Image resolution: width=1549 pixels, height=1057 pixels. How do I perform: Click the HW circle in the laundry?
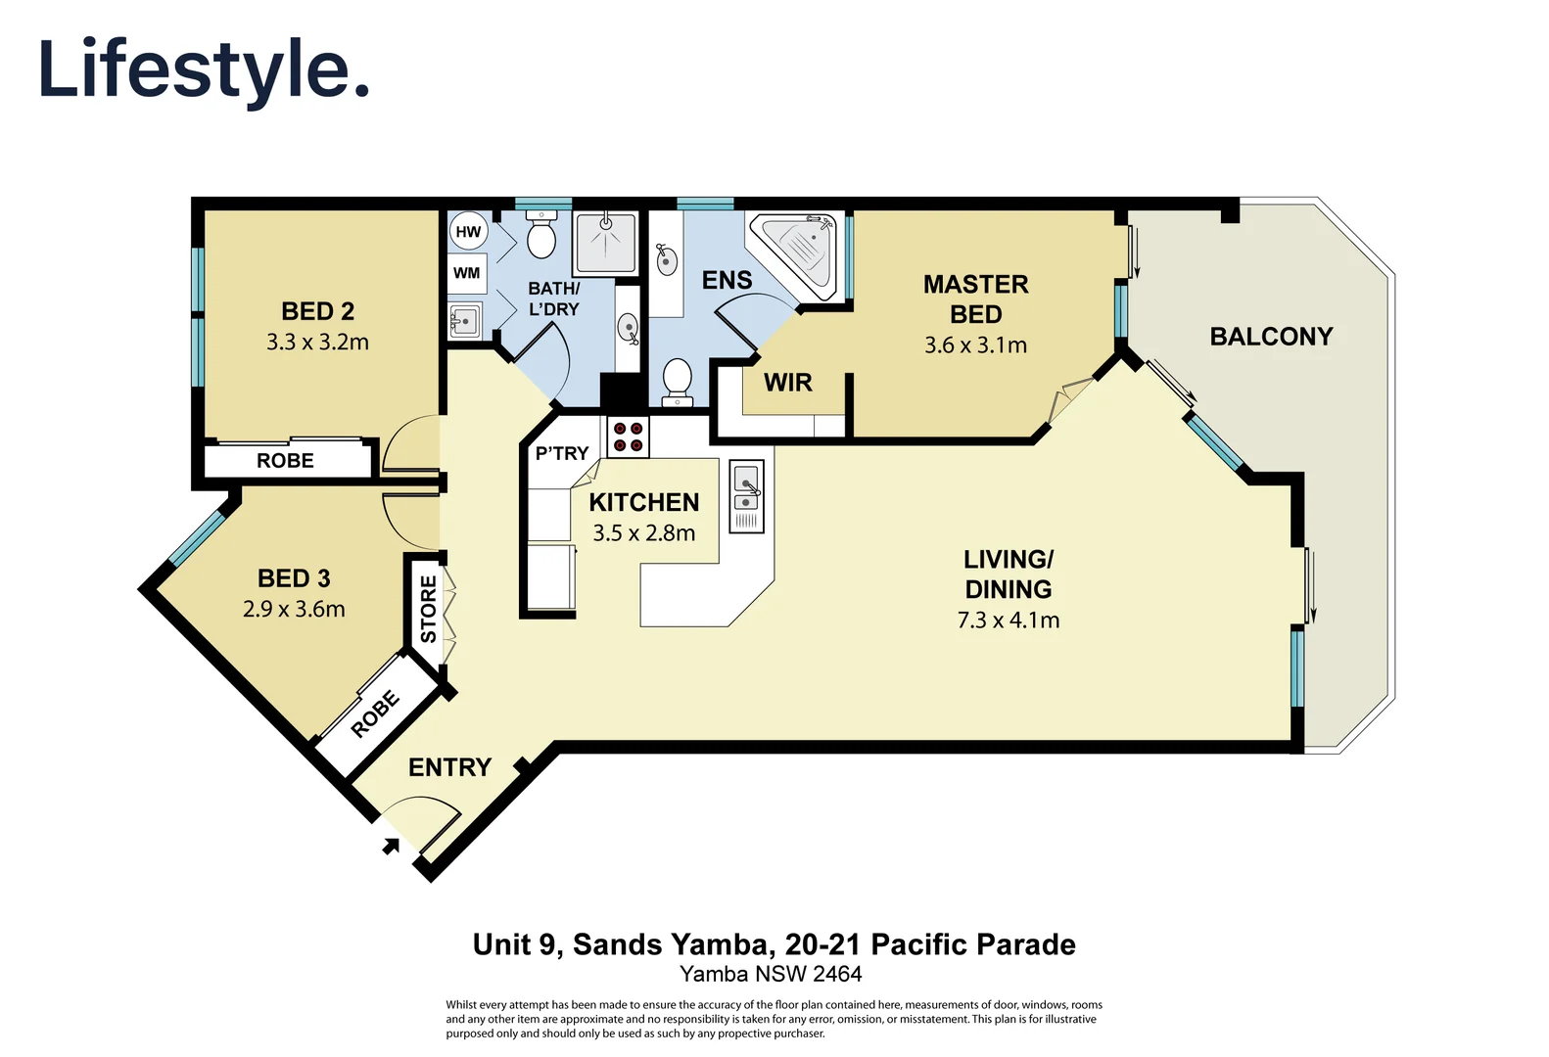[x=468, y=232]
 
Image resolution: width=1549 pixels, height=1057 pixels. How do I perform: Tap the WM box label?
[x=467, y=273]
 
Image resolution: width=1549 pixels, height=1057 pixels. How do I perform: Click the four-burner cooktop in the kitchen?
[x=628, y=437]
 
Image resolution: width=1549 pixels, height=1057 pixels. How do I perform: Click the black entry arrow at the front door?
[x=390, y=847]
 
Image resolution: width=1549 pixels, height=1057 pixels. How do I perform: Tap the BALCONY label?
[x=1271, y=337]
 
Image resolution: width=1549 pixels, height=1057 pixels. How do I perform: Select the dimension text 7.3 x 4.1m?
[x=1009, y=620]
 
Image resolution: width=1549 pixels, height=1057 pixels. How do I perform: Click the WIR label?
[x=788, y=383]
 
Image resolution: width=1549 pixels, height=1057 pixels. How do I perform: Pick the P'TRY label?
[x=561, y=453]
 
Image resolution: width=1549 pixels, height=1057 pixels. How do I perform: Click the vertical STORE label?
[x=428, y=609]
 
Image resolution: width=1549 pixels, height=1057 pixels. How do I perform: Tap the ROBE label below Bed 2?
[x=285, y=461]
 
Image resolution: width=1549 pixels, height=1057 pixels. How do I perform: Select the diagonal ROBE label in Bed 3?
[x=375, y=713]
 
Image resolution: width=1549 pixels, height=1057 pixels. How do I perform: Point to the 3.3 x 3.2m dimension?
[x=317, y=343]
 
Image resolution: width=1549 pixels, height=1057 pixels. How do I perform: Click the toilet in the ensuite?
[x=677, y=381]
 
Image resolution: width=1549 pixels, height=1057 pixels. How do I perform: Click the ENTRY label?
[x=449, y=767]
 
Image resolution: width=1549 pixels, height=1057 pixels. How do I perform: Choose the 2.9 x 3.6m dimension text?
[x=294, y=610]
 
